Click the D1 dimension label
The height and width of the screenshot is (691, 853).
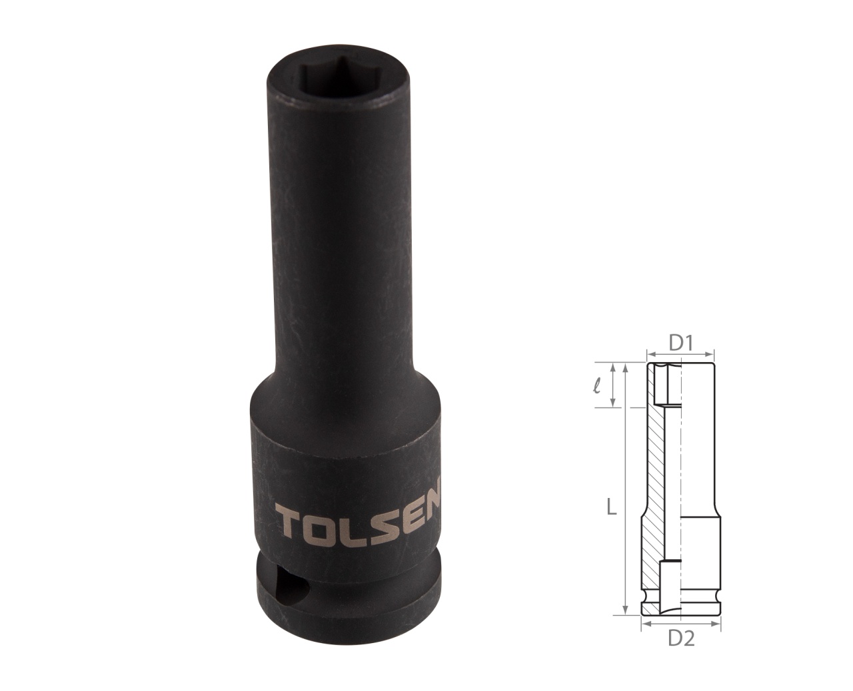tap(682, 344)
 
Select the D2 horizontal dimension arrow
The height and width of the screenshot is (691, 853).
tap(680, 624)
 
